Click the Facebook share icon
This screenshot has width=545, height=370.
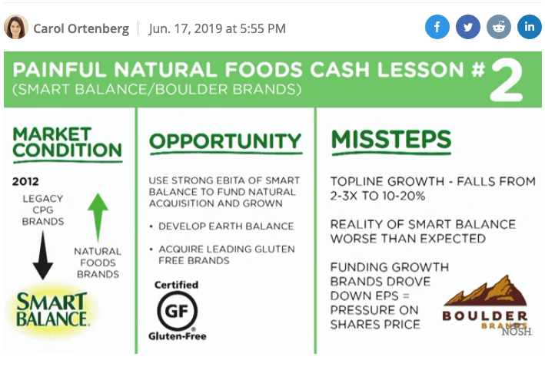pyautogui.click(x=437, y=27)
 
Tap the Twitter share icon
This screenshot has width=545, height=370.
pyautogui.click(x=468, y=27)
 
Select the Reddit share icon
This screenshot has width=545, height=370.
pyautogui.click(x=499, y=27)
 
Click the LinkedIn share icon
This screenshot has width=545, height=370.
pyautogui.click(x=530, y=27)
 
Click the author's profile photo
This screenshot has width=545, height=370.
pyautogui.click(x=16, y=27)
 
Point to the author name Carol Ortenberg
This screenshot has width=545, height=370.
pyautogui.click(x=81, y=28)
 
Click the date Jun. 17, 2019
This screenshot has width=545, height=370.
pyautogui.click(x=185, y=28)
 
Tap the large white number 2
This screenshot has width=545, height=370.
pyautogui.click(x=506, y=80)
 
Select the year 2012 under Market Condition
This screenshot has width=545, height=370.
pyautogui.click(x=25, y=181)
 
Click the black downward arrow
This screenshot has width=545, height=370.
pyautogui.click(x=43, y=255)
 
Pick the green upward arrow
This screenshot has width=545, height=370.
pyautogui.click(x=98, y=217)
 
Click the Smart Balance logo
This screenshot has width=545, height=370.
pyautogui.click(x=52, y=309)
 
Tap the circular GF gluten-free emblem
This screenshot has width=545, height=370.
pyautogui.click(x=178, y=310)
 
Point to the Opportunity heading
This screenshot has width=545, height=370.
pyautogui.click(x=225, y=141)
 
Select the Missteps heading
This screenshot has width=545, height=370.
pyautogui.click(x=391, y=139)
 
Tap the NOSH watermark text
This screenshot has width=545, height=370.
pyautogui.click(x=517, y=332)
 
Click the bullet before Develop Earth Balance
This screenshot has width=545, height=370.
pyautogui.click(x=151, y=226)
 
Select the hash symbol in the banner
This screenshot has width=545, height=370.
pyautogui.click(x=478, y=69)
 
